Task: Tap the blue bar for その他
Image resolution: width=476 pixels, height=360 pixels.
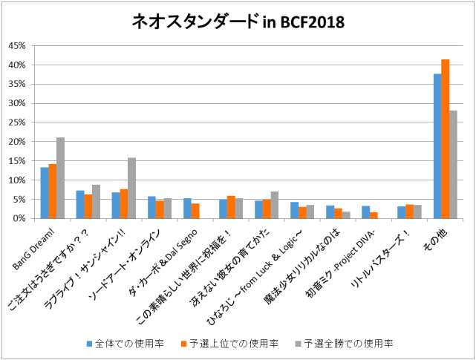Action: point(437,146)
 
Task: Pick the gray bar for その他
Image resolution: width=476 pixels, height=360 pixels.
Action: point(453,164)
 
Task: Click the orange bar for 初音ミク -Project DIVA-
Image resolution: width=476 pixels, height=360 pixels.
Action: point(374,215)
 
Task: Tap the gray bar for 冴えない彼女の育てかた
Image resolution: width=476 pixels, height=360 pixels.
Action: point(275,205)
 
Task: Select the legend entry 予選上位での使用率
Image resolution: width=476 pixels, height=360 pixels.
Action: point(230,344)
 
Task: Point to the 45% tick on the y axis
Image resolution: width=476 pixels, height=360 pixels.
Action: point(17,46)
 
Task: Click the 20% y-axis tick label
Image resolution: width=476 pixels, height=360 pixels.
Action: point(17,142)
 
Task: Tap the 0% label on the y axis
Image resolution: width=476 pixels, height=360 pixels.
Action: point(20,218)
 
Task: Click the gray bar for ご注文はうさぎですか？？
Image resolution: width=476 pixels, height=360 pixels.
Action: point(96,201)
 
